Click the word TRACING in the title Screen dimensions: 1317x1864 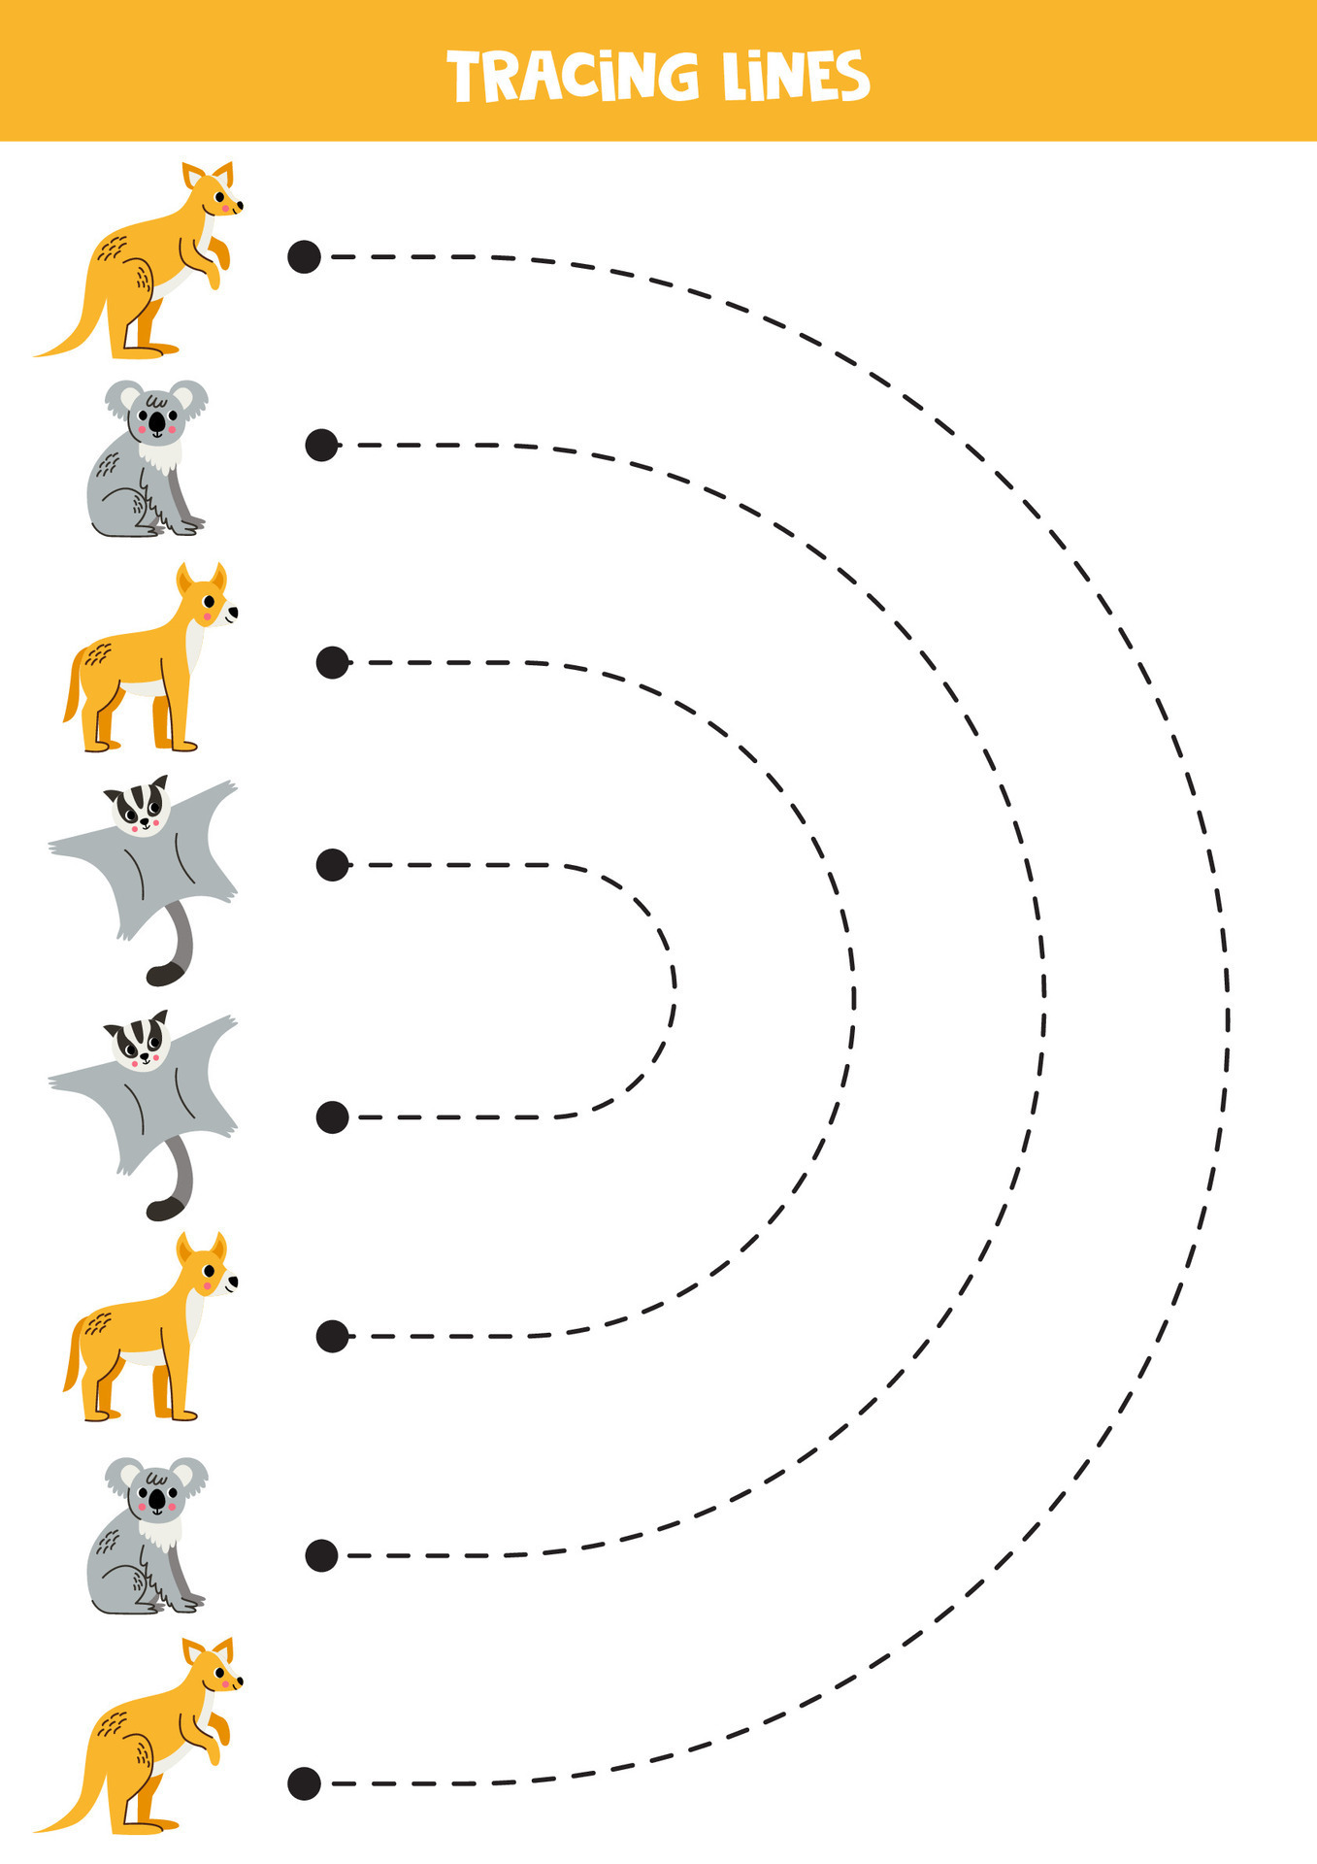[x=573, y=77]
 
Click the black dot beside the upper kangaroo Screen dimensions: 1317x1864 [x=304, y=256]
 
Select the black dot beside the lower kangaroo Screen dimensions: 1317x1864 [x=304, y=1783]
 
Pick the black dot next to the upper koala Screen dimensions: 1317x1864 [x=321, y=446]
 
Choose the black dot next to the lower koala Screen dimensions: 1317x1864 [x=321, y=1556]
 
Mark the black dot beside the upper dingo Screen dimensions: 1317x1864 [x=332, y=662]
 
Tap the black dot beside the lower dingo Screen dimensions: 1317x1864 [x=332, y=1336]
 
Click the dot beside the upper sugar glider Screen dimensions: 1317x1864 [x=332, y=864]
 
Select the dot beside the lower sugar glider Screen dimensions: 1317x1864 [x=332, y=1117]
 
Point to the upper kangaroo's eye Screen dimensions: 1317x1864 [x=220, y=197]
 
